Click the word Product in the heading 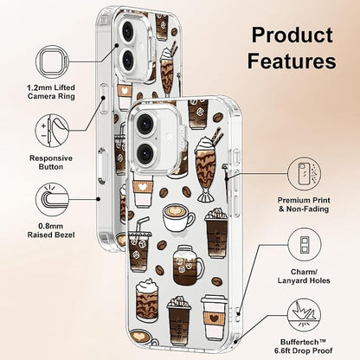[292, 35]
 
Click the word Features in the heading [292, 61]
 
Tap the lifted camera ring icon [52, 61]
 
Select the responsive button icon [52, 131]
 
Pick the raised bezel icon [52, 199]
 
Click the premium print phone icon [305, 174]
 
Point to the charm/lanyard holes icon [305, 245]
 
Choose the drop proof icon [305, 315]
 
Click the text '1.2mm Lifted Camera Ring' [51, 92]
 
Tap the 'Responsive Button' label [51, 163]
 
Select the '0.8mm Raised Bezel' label [51, 230]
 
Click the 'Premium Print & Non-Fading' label [304, 204]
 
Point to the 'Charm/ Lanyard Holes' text [304, 276]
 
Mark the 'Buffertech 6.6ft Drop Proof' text [304, 346]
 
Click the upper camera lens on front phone [145, 123]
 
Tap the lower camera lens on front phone [145, 153]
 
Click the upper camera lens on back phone [127, 31]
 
